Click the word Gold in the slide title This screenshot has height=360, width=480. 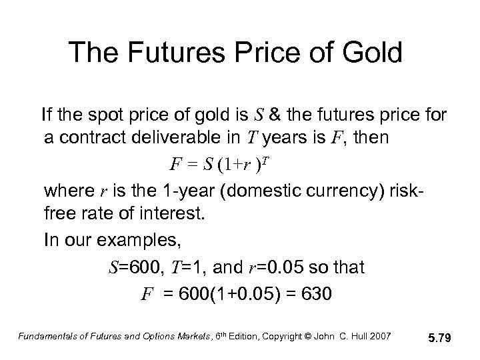[369, 53]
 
